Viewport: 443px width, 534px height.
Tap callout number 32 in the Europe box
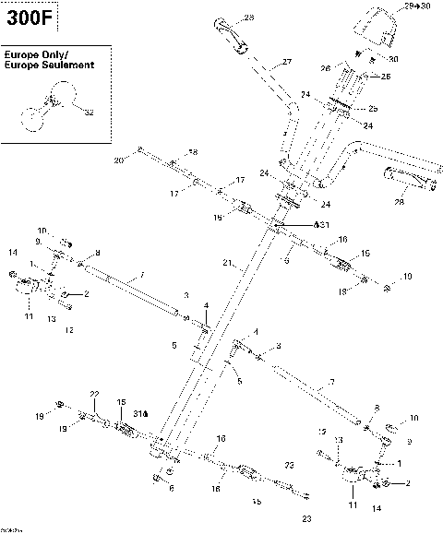pyautogui.click(x=89, y=113)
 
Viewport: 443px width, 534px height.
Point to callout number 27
pyautogui.click(x=286, y=62)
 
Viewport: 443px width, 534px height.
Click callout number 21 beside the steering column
pyautogui.click(x=227, y=263)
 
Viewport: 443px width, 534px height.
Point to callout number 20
pyautogui.click(x=118, y=160)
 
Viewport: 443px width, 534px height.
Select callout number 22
pyautogui.click(x=93, y=395)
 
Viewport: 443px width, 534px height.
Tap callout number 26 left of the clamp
pyautogui.click(x=325, y=67)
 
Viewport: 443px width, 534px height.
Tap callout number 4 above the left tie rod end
pyautogui.click(x=206, y=304)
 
